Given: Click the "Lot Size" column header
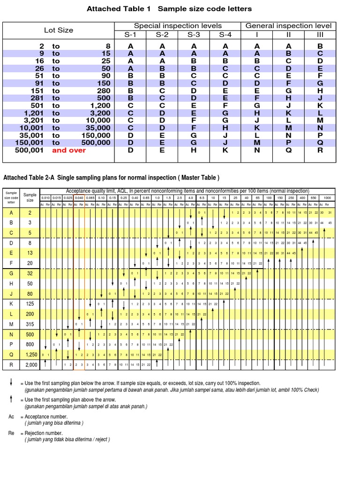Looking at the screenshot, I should tap(59, 30).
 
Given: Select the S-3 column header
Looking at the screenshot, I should tap(194, 34).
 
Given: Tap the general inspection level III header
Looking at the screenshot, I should tap(320, 34).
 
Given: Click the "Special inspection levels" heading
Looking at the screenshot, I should tap(178, 26).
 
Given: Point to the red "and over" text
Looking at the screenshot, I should tap(69, 150).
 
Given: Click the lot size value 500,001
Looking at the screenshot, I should tap(29, 150).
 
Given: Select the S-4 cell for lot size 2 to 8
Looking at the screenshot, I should tap(225, 46).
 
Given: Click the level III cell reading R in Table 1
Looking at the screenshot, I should tap(320, 150).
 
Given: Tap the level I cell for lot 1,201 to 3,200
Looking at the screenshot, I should tap(257, 113).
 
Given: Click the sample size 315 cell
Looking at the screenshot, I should tap(30, 324).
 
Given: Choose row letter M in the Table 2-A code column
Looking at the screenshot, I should tap(10, 324).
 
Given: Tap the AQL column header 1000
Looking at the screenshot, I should tap(327, 198).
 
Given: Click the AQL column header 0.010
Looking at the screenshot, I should tap(45, 198).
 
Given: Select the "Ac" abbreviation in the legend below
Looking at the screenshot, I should tap(11, 416).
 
